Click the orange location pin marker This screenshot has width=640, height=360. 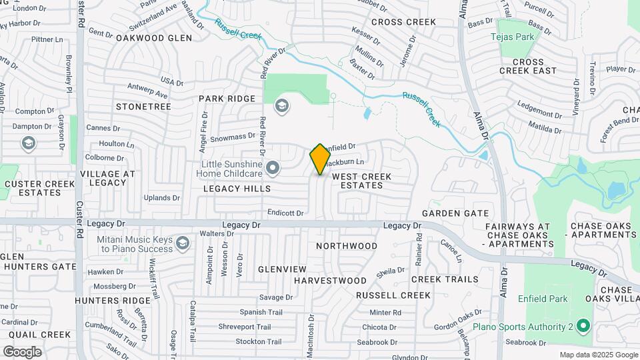point(321,159)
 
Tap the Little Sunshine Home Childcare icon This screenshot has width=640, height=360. point(272,169)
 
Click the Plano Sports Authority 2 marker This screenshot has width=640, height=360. point(583,327)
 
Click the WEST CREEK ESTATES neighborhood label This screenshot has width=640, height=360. point(361,181)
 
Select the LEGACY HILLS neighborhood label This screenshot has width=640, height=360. point(237,189)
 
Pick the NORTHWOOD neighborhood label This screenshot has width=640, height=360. point(347,246)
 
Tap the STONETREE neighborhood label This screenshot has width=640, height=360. point(143,107)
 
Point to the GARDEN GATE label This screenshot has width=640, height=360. point(455,213)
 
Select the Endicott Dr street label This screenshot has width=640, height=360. point(285,213)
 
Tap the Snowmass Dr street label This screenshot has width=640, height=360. point(233,136)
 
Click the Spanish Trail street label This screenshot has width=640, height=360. point(261,312)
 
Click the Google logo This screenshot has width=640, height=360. point(22,351)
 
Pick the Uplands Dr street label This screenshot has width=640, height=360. point(162,197)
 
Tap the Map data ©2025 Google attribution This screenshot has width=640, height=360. point(598,355)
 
